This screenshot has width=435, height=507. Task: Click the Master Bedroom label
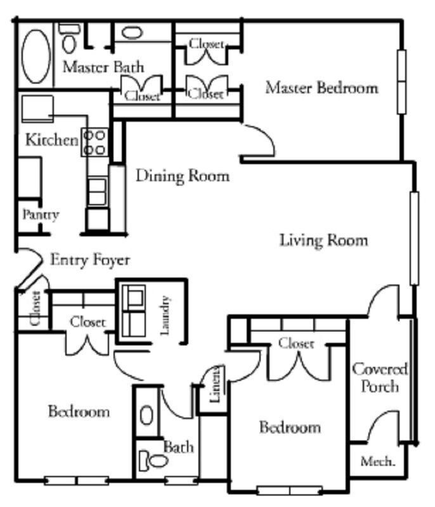point(321,87)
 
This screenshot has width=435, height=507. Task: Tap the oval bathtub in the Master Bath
point(37,53)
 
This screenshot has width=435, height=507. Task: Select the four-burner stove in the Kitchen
point(95,142)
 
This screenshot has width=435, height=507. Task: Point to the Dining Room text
point(183,176)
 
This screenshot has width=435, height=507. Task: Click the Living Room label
point(323,241)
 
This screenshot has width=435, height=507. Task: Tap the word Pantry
point(41,215)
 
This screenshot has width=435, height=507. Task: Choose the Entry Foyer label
point(90,260)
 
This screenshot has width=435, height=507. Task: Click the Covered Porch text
point(380,377)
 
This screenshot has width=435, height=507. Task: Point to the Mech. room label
point(378,462)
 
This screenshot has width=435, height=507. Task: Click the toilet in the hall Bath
point(150,460)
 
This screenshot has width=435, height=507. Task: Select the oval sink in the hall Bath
point(146,415)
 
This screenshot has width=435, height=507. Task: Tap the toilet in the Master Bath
point(68,39)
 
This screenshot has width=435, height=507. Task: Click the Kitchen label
point(51,139)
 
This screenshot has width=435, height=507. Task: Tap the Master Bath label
point(103,67)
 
